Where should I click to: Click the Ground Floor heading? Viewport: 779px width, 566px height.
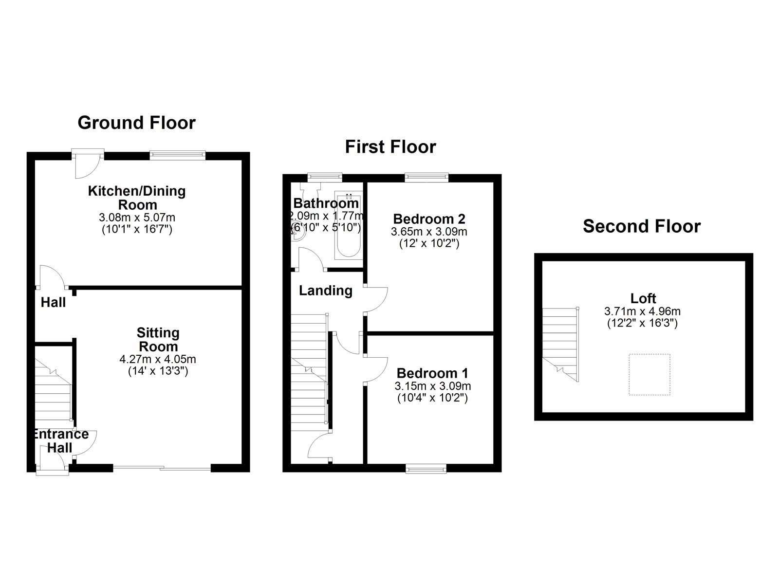click(136, 123)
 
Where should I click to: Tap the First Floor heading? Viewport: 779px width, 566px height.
click(390, 146)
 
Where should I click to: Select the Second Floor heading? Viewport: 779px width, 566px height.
click(642, 226)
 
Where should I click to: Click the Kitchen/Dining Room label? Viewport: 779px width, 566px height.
click(137, 198)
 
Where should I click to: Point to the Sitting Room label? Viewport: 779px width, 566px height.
click(158, 339)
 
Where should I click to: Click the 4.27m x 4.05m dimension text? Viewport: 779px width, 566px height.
click(158, 359)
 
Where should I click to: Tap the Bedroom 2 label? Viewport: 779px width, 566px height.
click(429, 219)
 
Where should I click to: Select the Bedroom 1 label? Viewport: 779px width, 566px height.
click(432, 373)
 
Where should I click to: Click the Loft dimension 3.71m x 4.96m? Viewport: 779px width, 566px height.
click(642, 311)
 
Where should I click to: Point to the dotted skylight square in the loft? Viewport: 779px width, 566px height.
click(649, 374)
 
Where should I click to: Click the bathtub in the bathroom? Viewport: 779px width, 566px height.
click(349, 225)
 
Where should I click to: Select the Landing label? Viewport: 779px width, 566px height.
click(326, 291)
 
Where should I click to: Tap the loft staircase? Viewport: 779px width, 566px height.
click(560, 345)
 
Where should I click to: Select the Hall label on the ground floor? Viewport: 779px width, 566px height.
click(53, 303)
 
